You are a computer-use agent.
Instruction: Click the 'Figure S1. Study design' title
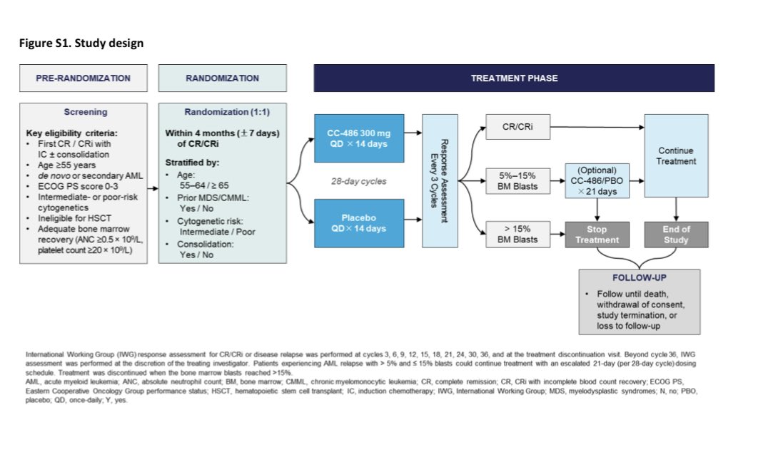pyautogui.click(x=81, y=43)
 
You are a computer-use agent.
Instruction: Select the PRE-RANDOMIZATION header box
pyautogui.click(x=83, y=78)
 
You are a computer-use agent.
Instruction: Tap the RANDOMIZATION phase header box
pyautogui.click(x=222, y=78)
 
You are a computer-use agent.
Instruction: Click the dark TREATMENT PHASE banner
pyautogui.click(x=514, y=78)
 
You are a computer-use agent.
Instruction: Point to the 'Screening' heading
pyautogui.click(x=86, y=112)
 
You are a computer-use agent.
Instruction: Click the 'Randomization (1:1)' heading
pyautogui.click(x=222, y=112)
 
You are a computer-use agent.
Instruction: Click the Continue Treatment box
pyautogui.click(x=676, y=155)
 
